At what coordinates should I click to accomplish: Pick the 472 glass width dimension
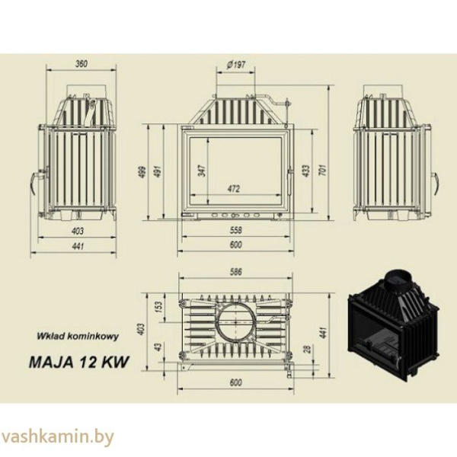pos(235,187)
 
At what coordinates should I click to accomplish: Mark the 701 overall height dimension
pos(324,172)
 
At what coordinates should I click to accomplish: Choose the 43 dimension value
pos(159,347)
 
